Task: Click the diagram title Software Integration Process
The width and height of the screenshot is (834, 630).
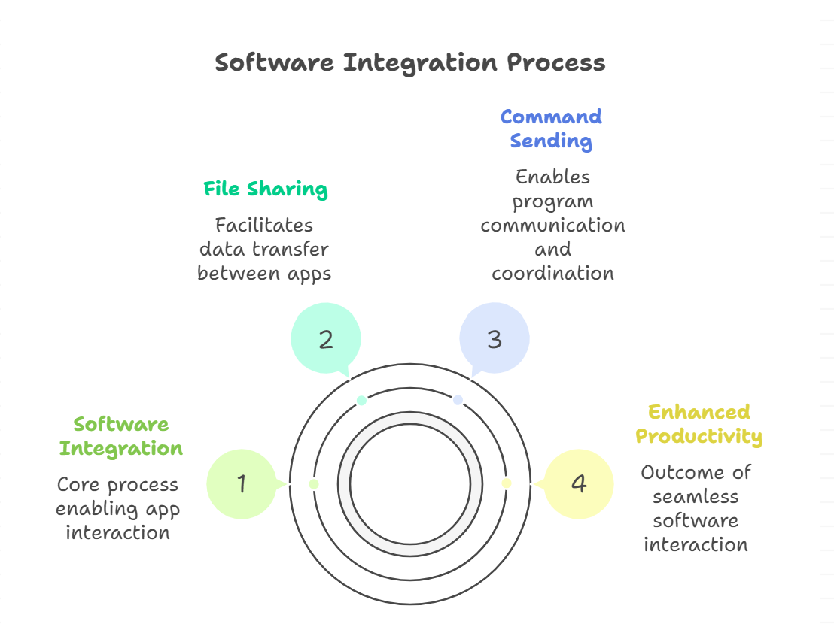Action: click(x=410, y=62)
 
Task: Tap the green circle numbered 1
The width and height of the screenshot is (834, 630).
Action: click(x=242, y=484)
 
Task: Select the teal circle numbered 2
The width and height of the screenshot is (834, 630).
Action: click(x=326, y=339)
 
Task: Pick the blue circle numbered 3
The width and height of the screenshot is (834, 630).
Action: click(x=495, y=339)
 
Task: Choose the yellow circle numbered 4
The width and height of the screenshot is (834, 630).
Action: click(x=578, y=484)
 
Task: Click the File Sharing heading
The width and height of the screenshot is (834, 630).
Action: click(x=266, y=189)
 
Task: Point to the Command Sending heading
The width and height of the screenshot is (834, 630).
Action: click(x=551, y=129)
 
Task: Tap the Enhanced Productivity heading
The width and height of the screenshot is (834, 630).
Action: click(x=699, y=424)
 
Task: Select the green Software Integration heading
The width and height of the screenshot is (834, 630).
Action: click(x=121, y=436)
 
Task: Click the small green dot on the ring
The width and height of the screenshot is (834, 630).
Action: click(x=314, y=484)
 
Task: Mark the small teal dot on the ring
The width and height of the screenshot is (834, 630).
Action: click(x=362, y=401)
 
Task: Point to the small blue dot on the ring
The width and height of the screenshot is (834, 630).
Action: click(x=458, y=401)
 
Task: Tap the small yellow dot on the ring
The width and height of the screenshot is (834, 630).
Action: click(x=507, y=484)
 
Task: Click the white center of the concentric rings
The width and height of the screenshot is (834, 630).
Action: click(x=410, y=484)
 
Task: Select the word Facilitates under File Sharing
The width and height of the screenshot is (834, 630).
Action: click(x=264, y=225)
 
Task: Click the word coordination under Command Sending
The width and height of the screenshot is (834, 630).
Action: click(x=552, y=273)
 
